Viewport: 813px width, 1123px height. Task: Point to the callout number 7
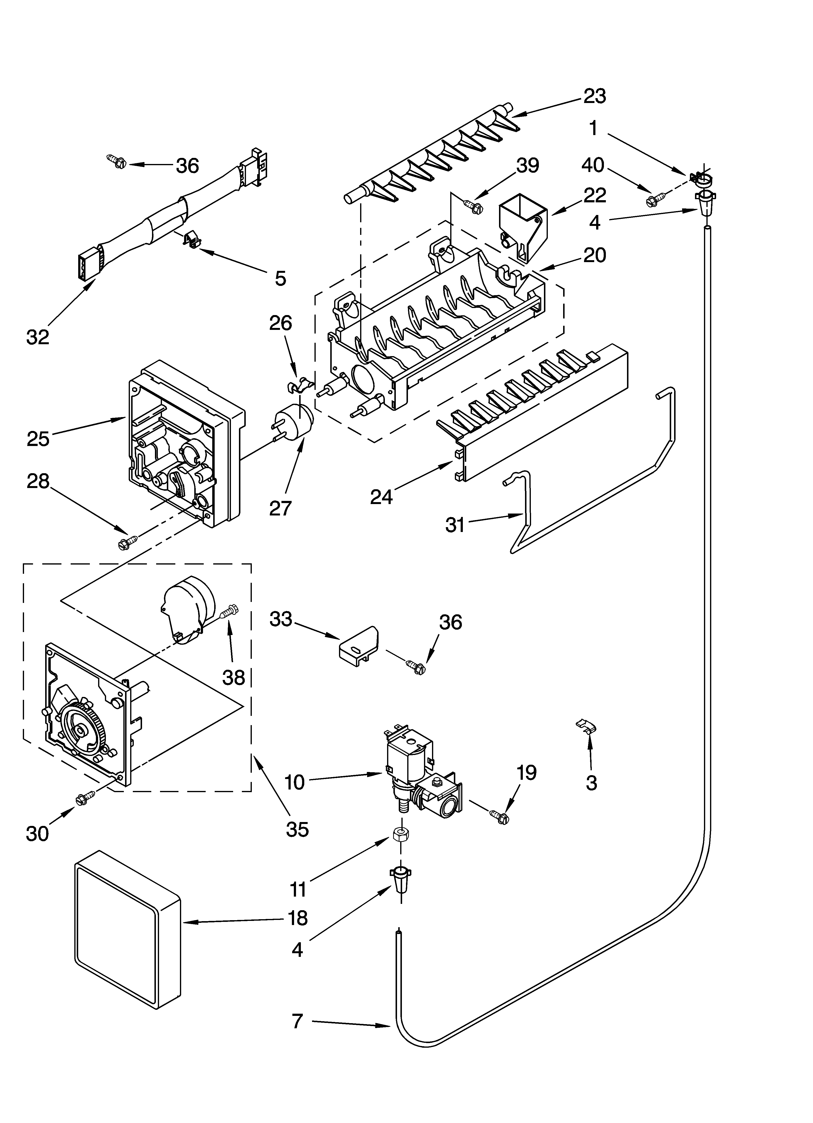(x=297, y=1021)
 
